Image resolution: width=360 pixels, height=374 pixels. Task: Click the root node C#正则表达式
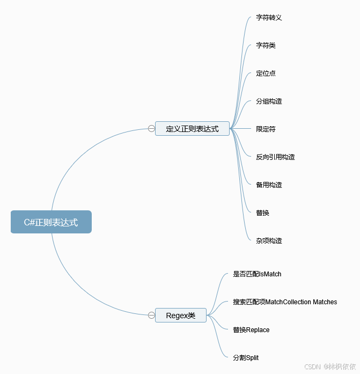click(x=51, y=222)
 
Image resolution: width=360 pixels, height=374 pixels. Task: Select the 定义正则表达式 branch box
click(x=192, y=129)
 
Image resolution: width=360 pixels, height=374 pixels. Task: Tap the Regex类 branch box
click(x=180, y=316)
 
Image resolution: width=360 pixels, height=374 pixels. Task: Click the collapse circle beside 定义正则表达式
click(x=151, y=128)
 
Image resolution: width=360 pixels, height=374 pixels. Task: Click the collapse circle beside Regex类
click(x=151, y=315)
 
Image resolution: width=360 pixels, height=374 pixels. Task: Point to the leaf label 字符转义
click(x=269, y=18)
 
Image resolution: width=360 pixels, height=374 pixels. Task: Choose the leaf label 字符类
click(x=266, y=46)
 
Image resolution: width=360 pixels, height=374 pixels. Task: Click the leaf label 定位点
click(x=266, y=74)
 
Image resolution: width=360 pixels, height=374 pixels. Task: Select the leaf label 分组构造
click(x=269, y=101)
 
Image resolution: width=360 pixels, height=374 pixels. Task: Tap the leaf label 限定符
click(x=266, y=129)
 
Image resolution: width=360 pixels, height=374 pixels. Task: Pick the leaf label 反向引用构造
click(x=275, y=157)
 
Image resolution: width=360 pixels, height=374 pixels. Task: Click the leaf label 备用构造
click(x=269, y=185)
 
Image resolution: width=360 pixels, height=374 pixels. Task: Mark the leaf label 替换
click(x=262, y=213)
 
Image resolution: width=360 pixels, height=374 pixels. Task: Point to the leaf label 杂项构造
click(x=269, y=241)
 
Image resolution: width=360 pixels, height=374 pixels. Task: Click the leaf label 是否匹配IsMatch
click(x=257, y=274)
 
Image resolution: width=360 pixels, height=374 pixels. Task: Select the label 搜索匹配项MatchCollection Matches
click(x=285, y=302)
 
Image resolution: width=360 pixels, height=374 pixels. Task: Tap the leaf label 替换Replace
click(x=251, y=330)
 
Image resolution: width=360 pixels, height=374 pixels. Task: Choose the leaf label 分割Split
click(x=246, y=358)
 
